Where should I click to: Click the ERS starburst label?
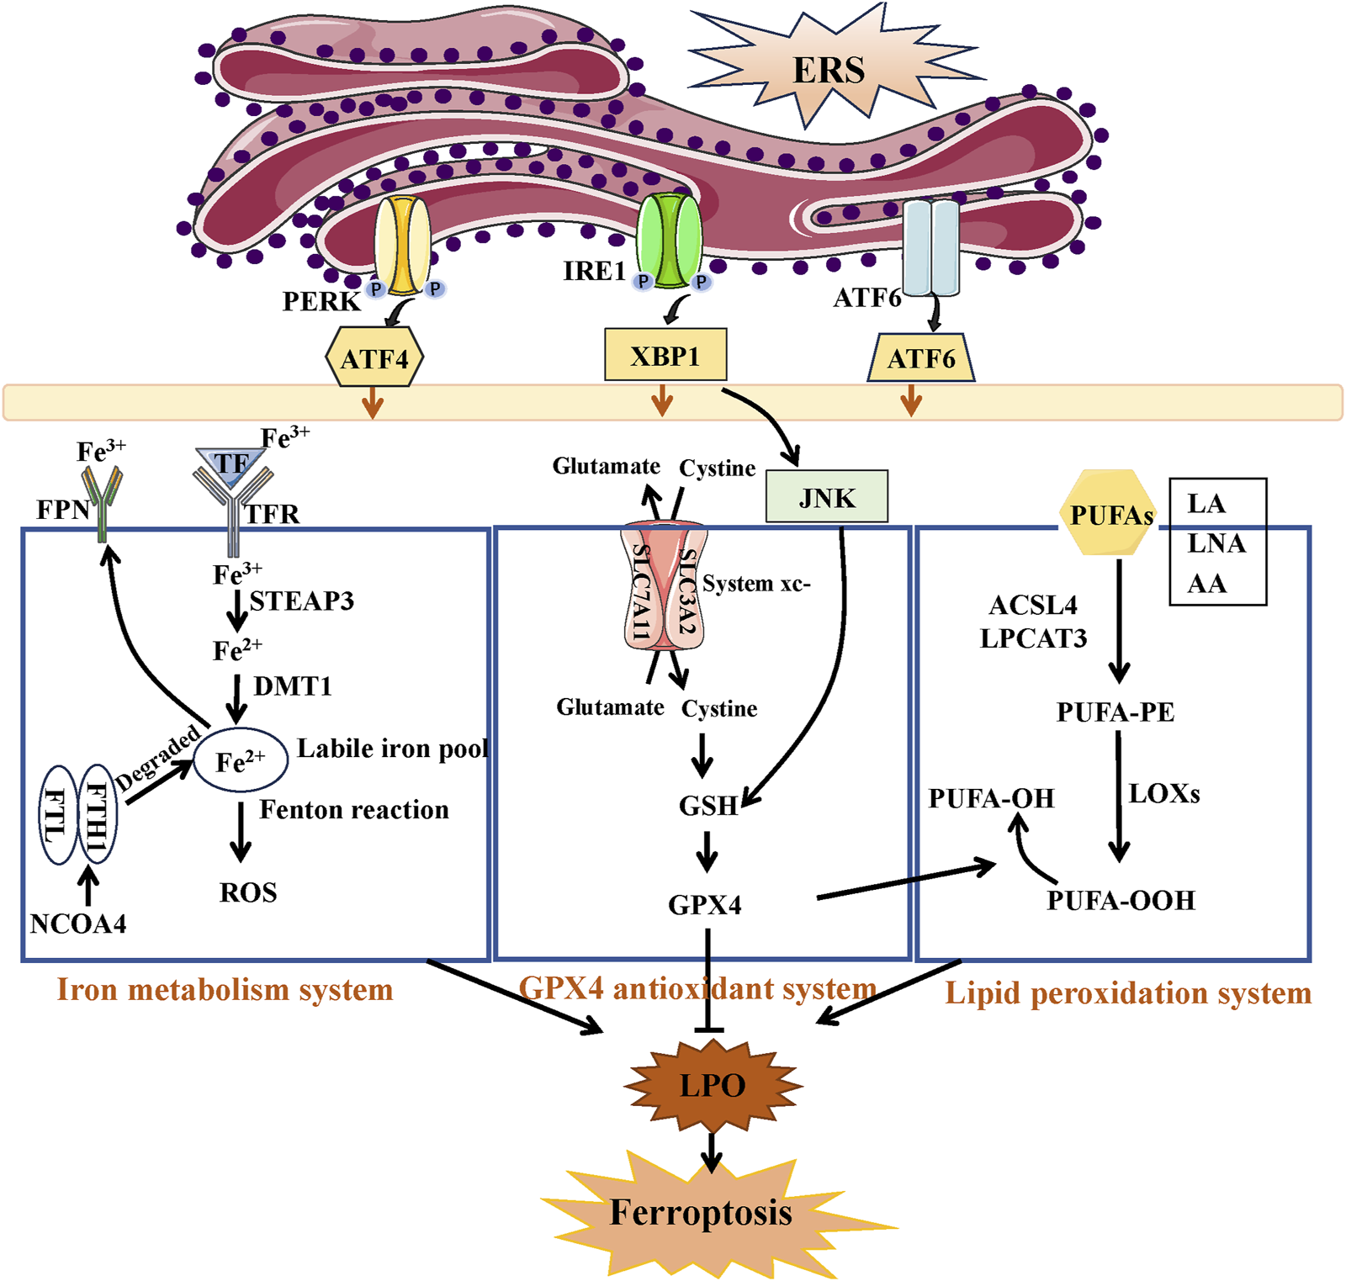(x=829, y=71)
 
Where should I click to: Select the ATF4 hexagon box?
(x=374, y=359)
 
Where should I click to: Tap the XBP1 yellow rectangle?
(x=665, y=356)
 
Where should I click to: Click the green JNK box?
(x=826, y=498)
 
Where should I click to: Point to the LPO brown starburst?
(x=712, y=1085)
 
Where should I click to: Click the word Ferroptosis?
(x=701, y=1212)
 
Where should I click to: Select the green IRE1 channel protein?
(x=669, y=240)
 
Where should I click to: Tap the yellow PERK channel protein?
(x=402, y=245)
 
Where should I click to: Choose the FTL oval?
(x=58, y=815)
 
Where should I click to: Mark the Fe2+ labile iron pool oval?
(x=241, y=760)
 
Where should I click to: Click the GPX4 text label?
(x=705, y=905)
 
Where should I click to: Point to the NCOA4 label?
(x=78, y=924)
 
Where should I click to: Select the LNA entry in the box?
(x=1216, y=543)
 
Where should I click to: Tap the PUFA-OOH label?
(x=1121, y=901)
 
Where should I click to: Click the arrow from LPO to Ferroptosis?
(x=712, y=1151)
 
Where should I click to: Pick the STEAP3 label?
(x=302, y=601)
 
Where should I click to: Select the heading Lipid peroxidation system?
(x=1127, y=993)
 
